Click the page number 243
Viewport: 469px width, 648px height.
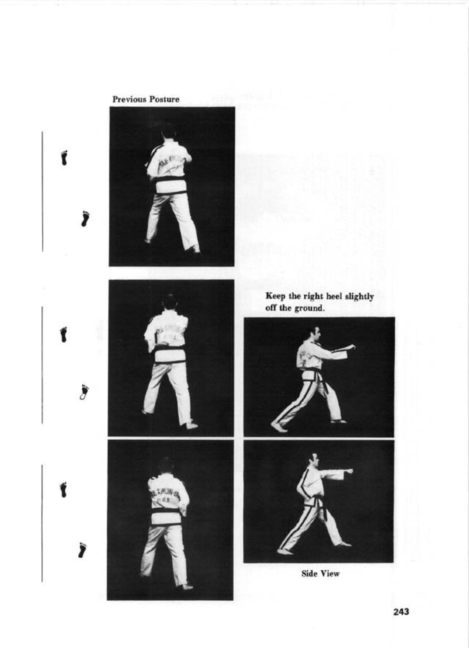(x=401, y=612)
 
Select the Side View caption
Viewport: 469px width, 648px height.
(x=320, y=574)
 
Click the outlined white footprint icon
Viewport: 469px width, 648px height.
(x=85, y=392)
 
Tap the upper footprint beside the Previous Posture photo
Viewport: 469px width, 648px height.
(x=64, y=157)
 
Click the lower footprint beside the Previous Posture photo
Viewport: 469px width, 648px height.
(x=86, y=218)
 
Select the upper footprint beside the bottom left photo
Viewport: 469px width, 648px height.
(x=63, y=489)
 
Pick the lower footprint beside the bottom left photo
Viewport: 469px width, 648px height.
(x=83, y=550)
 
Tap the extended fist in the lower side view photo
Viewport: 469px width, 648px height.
(x=348, y=471)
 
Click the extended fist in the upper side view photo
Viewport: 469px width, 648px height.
(x=352, y=347)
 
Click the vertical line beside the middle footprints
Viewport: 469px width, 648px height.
(x=42, y=364)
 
